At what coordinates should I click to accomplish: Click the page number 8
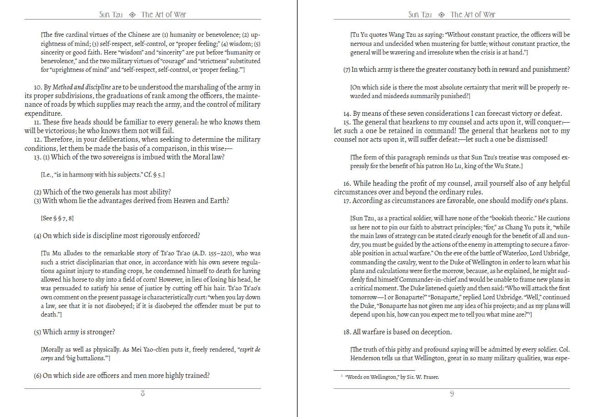[x=143, y=394]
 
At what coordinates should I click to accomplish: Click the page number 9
[x=451, y=394]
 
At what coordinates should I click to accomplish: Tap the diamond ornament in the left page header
[x=132, y=15]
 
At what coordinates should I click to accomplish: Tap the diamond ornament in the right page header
[x=441, y=15]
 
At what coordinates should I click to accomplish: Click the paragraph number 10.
[x=38, y=87]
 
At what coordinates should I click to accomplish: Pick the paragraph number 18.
[x=347, y=332]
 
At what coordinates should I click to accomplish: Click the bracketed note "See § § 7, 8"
[x=57, y=218]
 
